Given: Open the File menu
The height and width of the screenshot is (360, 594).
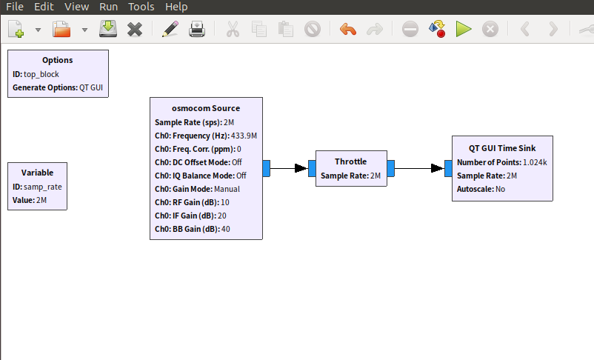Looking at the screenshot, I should coord(15,7).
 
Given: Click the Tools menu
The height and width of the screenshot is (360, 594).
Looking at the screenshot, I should coord(141,7).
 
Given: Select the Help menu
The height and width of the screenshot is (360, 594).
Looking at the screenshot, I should coord(176,7).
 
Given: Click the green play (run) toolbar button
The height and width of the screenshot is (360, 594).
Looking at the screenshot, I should coord(464,30).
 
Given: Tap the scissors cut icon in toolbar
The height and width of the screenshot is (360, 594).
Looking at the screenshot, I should coord(232,30).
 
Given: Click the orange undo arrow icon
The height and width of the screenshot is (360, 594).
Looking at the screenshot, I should coord(347,30).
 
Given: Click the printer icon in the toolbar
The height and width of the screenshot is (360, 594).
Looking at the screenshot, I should coord(197,30).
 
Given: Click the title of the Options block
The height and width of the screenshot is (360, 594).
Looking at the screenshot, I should coord(58,60).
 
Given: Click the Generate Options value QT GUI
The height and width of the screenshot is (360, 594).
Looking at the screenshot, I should coord(91,87).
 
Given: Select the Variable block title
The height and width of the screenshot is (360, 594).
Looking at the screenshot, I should coord(37,173).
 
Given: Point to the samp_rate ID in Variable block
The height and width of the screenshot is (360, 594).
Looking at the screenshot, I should coord(42,187).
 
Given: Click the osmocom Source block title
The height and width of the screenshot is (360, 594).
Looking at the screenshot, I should coord(206,108).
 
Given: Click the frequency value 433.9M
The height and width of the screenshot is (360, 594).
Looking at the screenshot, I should coord(244,136).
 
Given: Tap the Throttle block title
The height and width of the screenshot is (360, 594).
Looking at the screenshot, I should coord(350,161).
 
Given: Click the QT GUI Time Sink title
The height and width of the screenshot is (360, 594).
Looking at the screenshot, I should coord(501,147).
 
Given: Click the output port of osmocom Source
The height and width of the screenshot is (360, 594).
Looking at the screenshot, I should coord(267,168).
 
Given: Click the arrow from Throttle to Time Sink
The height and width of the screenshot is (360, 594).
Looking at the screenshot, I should coord(419,168).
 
